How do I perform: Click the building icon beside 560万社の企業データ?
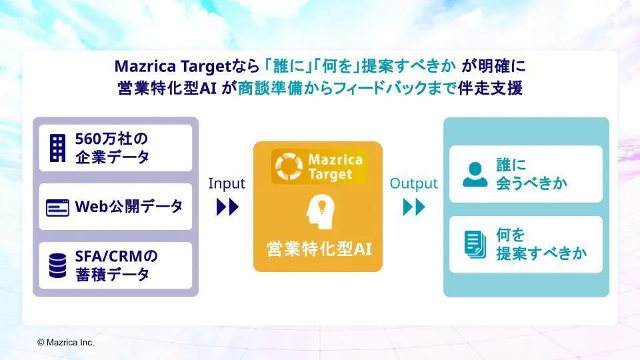tap(57, 148)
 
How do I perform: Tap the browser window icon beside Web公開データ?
tap(57, 208)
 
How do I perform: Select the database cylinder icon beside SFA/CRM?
tap(57, 266)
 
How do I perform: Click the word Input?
tap(227, 184)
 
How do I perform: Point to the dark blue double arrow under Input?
tap(227, 207)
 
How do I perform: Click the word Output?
tap(413, 184)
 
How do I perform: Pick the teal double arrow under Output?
tap(414, 207)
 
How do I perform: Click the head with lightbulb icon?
tap(321, 211)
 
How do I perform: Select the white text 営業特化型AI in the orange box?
tap(319, 249)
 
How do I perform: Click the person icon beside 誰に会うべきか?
tap(475, 174)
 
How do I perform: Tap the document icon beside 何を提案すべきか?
tap(475, 245)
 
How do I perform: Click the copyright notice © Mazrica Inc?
tap(66, 343)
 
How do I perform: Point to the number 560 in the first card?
tap(88, 139)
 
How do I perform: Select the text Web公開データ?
tap(129, 207)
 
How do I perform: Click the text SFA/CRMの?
tap(116, 256)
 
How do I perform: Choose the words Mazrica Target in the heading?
tap(173, 66)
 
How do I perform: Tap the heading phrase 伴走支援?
tap(490, 88)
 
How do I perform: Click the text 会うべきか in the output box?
tap(531, 183)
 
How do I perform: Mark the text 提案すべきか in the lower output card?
tap(541, 253)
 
